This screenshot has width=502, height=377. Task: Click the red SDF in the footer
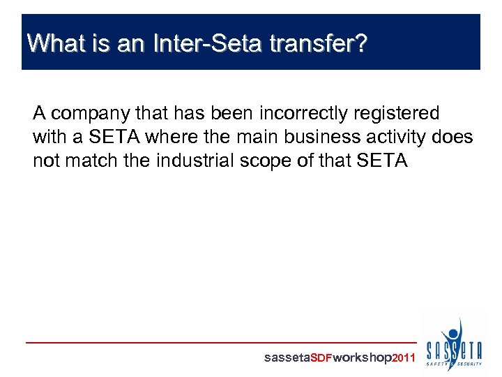pyautogui.click(x=321, y=358)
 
